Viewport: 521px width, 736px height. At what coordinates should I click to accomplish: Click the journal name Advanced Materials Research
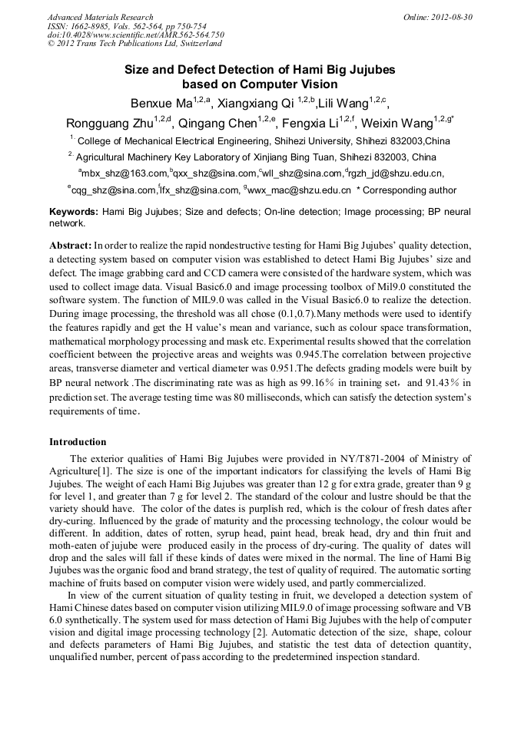100,17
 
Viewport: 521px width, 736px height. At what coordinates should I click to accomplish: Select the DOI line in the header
135,35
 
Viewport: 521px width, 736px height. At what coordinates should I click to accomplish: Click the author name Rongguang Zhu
109,123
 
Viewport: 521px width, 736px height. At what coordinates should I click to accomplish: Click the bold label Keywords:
73,211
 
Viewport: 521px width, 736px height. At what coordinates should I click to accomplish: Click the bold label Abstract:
71,246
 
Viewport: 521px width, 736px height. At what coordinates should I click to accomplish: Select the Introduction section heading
78,442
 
